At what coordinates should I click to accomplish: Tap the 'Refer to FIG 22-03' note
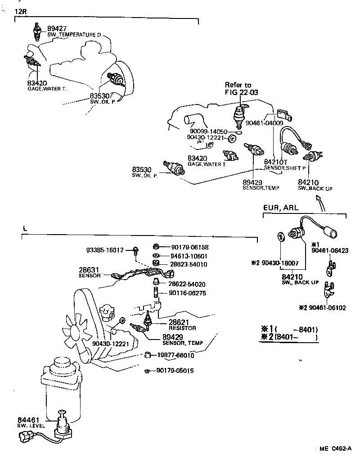point(238,89)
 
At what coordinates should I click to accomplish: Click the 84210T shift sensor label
point(275,162)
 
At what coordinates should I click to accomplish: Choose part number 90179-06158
point(189,247)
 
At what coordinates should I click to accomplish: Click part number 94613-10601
point(189,255)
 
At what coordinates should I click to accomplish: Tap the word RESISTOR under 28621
point(182,328)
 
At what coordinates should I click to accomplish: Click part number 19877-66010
point(176,355)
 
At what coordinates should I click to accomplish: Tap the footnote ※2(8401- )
point(288,337)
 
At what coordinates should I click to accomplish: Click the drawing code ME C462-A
point(335,449)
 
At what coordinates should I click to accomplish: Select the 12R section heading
point(21,11)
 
